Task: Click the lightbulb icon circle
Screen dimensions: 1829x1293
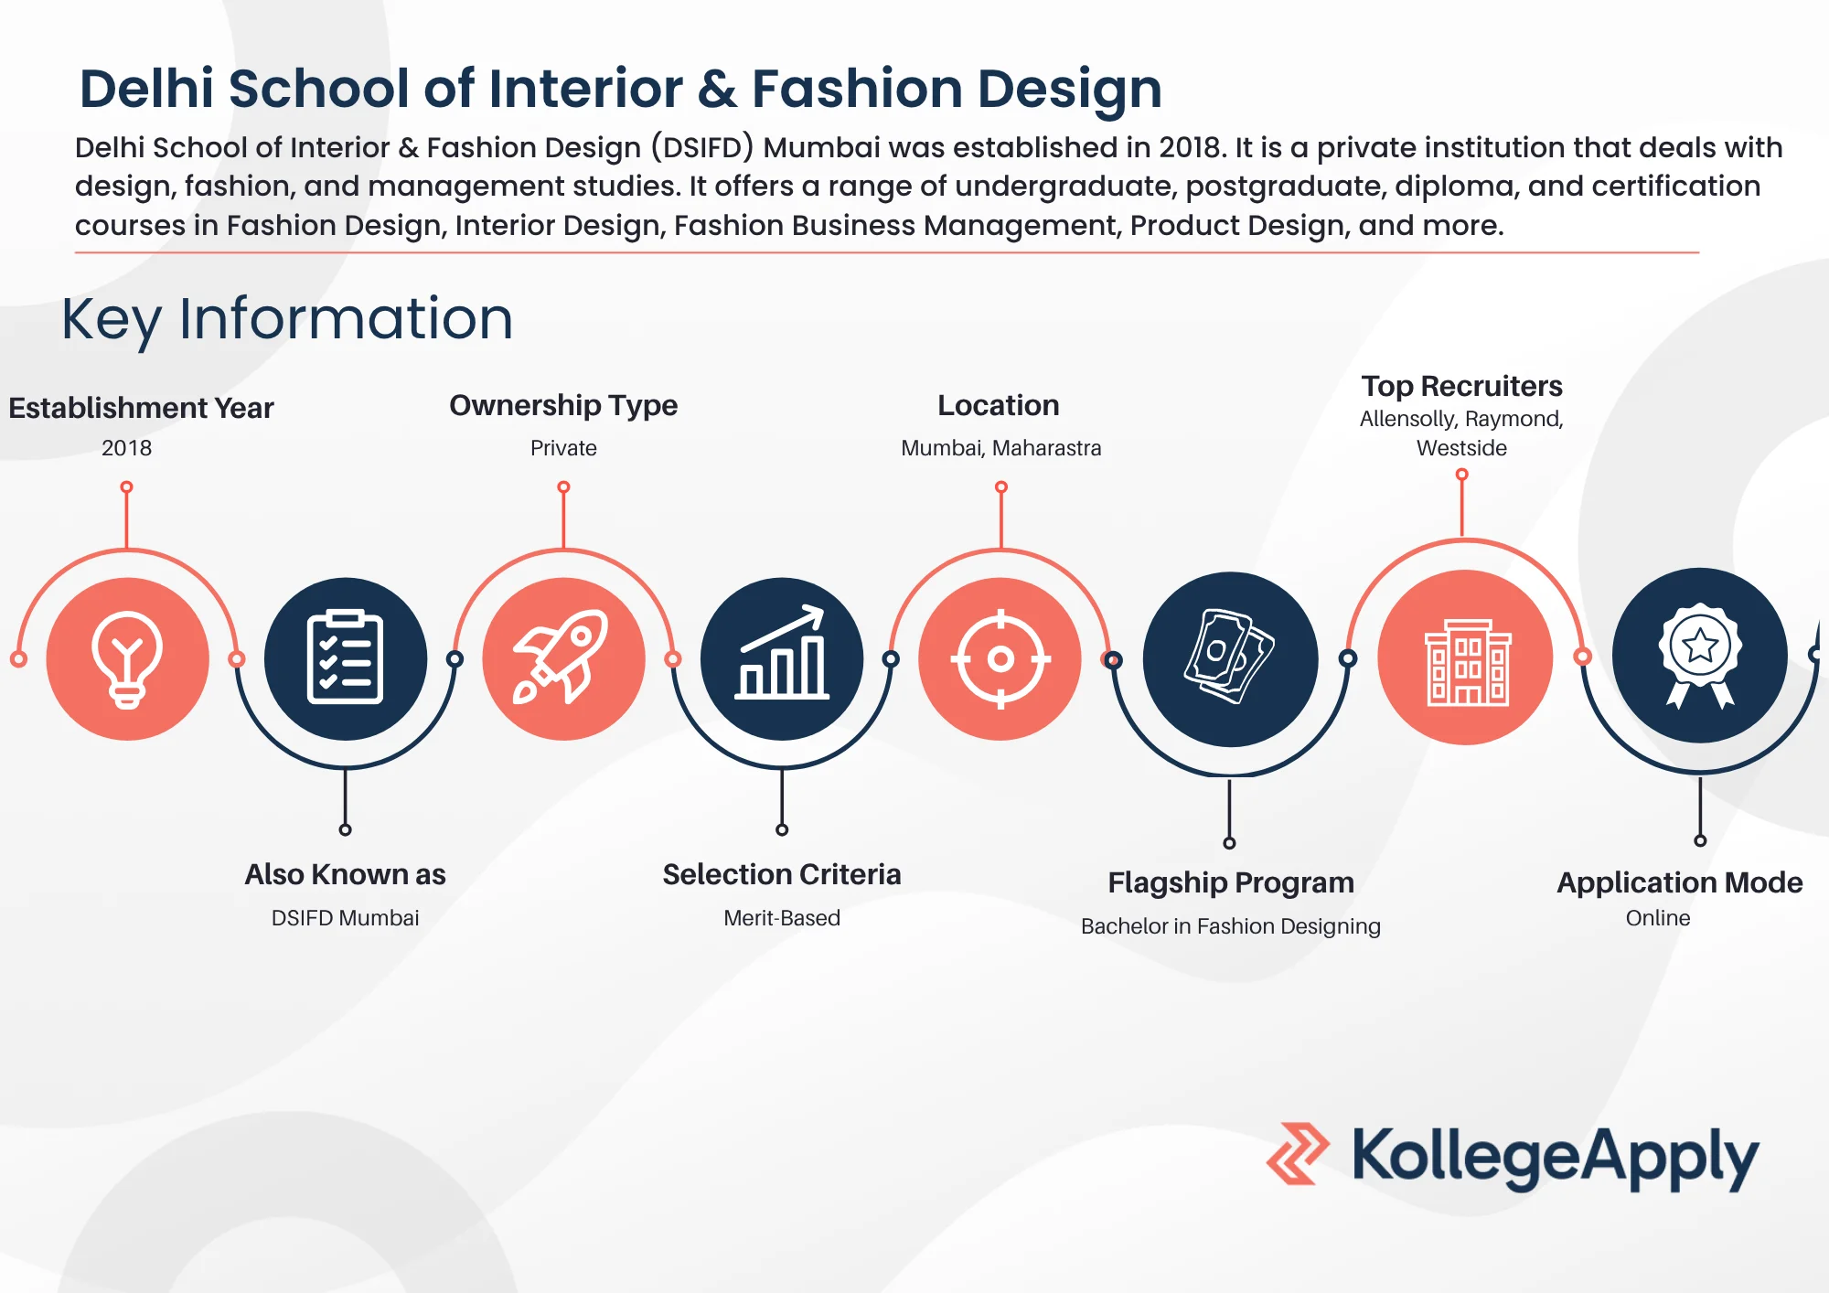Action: click(x=127, y=658)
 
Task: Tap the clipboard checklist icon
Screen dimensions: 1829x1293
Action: click(x=345, y=657)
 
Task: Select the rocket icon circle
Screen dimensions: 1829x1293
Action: click(x=563, y=658)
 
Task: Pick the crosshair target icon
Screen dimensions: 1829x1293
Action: click(x=1000, y=658)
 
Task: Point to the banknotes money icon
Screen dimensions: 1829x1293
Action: click(x=1230, y=657)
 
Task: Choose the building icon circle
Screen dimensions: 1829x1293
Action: click(x=1465, y=657)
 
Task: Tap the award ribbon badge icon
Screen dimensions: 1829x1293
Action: click(x=1700, y=655)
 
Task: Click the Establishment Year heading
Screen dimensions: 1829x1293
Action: click(x=141, y=408)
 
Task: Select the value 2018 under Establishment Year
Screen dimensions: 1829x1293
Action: click(x=126, y=448)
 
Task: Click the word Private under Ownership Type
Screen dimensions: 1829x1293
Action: click(x=563, y=448)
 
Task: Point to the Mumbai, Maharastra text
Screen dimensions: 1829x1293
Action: click(x=1000, y=448)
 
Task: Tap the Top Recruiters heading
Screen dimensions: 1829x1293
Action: click(x=1461, y=386)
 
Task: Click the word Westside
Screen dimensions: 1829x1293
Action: click(x=1461, y=448)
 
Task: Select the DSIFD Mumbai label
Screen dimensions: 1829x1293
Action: click(x=345, y=917)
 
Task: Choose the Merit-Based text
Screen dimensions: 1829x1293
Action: click(x=782, y=917)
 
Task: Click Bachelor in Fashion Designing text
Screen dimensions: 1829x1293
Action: click(x=1230, y=926)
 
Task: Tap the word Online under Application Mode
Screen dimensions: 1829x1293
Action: click(x=1657, y=917)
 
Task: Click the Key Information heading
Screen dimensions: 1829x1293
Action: click(x=287, y=319)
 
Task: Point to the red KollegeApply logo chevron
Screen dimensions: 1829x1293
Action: click(x=1298, y=1153)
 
